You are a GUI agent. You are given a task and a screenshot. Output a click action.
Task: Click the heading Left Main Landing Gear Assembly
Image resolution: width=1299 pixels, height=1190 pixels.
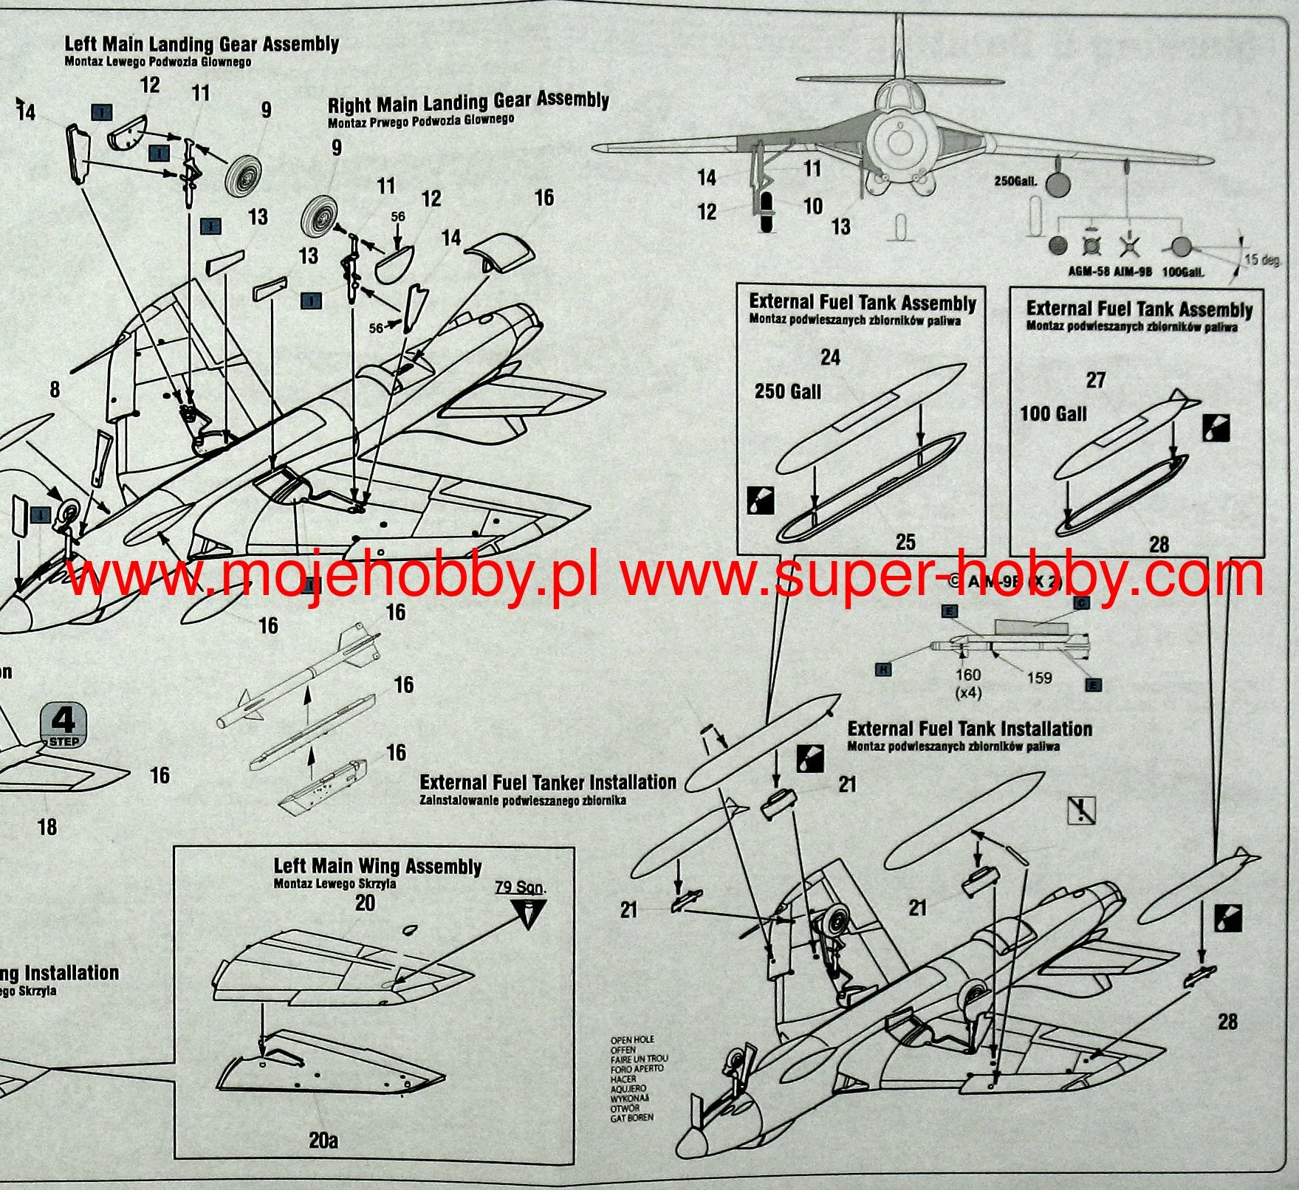coord(202,45)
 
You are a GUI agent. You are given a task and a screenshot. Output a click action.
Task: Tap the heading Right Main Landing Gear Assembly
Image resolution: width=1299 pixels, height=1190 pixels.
coord(468,102)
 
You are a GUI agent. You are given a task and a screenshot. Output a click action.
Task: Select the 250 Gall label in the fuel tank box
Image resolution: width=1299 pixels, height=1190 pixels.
coord(787,391)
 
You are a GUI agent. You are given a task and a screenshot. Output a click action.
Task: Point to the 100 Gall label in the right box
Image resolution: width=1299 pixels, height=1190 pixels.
coord(1053,413)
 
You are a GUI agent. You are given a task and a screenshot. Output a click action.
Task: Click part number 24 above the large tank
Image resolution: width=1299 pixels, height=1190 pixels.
coord(830,358)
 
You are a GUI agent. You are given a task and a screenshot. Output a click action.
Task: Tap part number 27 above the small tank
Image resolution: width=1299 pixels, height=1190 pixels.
coord(1096,380)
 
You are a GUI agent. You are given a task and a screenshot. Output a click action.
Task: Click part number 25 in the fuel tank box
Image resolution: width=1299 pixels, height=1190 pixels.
coord(905,542)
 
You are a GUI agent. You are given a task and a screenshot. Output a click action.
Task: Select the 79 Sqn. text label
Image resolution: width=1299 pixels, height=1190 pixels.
coord(521,887)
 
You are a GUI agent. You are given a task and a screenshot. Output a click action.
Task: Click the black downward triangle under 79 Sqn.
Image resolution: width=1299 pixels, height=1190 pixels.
coord(527,915)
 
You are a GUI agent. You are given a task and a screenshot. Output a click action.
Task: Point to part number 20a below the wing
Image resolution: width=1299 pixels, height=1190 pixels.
coord(323,1141)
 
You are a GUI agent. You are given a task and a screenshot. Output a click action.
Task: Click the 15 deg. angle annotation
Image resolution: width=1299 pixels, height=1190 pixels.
coord(1261,259)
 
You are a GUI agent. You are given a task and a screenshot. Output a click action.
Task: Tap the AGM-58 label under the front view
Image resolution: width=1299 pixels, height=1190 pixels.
coord(1089,272)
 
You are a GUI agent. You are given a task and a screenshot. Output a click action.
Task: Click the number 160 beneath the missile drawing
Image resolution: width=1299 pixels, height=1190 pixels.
coord(967,675)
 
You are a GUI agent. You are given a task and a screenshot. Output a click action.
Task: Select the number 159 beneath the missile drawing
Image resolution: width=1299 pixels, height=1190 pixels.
coord(1039,678)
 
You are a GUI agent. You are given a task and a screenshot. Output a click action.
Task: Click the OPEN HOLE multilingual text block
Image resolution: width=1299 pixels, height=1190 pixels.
coord(632,1079)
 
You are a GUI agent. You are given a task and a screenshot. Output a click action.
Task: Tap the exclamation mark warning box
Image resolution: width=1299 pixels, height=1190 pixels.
coord(1082,810)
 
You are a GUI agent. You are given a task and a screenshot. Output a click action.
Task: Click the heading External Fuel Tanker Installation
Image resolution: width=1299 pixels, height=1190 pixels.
coord(547,783)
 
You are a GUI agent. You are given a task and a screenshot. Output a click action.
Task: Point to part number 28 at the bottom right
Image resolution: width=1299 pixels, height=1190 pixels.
coord(1227,1022)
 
